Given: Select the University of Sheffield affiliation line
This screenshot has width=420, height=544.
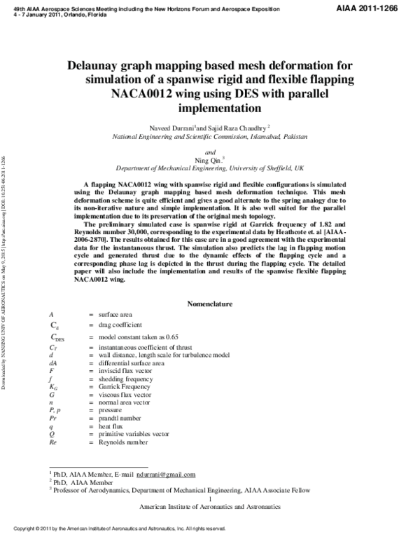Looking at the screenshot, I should coord(209,169).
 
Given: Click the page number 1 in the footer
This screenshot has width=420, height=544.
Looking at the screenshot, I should coord(210,498).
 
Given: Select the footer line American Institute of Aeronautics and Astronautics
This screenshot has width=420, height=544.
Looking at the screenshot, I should coord(210,506).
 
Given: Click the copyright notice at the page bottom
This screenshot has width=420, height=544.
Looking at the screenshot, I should coord(120,529).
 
